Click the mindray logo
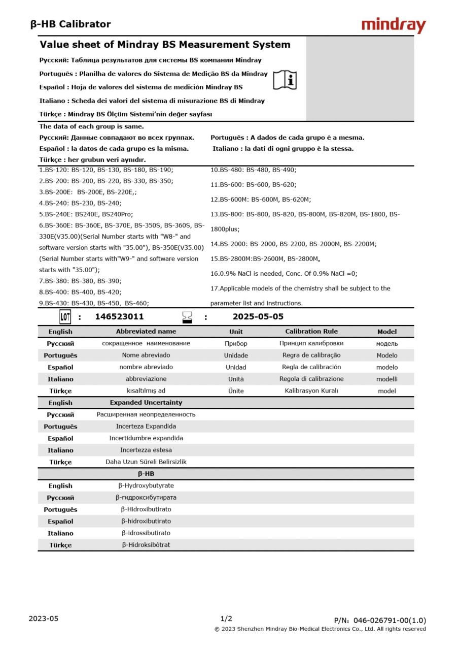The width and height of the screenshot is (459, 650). click(394, 25)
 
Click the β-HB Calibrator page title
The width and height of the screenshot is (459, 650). click(70, 24)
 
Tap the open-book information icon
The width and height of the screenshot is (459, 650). click(285, 80)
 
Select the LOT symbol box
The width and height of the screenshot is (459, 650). click(65, 317)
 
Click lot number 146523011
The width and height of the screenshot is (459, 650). click(119, 317)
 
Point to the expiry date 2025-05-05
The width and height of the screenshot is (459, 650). click(258, 317)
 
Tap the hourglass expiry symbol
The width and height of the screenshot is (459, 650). click(188, 317)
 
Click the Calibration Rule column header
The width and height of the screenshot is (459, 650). click(311, 332)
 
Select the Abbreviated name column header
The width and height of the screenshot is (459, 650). click(146, 332)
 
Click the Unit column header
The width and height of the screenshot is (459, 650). click(236, 332)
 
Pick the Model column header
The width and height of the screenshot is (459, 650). click(387, 332)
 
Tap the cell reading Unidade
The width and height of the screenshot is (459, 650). click(236, 355)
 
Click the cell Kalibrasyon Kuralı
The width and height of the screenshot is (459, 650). click(311, 391)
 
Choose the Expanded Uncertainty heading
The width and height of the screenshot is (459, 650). click(146, 403)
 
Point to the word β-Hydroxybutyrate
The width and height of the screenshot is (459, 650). click(146, 486)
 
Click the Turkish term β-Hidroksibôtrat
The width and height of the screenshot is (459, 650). click(146, 545)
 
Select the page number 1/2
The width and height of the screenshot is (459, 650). click(226, 619)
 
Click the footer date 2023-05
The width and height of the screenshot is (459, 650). click(44, 619)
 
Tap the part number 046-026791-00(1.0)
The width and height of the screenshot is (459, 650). click(390, 620)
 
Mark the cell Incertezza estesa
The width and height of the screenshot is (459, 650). click(146, 450)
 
